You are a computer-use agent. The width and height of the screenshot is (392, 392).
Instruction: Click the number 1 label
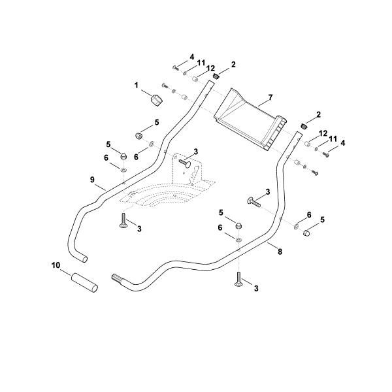pos(137,86)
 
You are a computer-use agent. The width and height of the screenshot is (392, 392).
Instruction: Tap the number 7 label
pos(270,97)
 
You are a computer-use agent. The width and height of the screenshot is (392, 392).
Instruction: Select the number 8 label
pos(280,252)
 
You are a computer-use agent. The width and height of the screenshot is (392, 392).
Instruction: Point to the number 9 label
pos(93,180)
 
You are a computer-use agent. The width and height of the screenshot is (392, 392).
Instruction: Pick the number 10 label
pos(56,265)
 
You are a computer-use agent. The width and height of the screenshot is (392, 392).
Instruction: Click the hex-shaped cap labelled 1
pos(156,101)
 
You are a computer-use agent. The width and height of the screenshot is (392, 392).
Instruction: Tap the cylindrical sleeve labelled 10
pos(84,283)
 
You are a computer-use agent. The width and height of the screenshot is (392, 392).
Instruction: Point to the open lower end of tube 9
pos(85,259)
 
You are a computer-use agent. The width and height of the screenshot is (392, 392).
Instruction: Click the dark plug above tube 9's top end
pos(216,76)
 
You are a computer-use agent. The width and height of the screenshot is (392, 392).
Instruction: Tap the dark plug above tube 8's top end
pos(304,126)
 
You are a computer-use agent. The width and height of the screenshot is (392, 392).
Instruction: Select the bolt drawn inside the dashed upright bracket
pos(185,163)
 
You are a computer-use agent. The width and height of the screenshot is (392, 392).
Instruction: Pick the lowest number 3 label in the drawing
pos(256,288)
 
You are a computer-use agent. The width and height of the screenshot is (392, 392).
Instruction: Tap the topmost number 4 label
pos(191,57)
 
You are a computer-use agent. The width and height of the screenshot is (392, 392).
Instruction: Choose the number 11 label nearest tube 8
pos(333,139)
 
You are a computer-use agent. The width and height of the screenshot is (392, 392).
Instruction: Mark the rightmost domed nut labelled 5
pos(306,233)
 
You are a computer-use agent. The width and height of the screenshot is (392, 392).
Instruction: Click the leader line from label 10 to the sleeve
pos(65,272)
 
